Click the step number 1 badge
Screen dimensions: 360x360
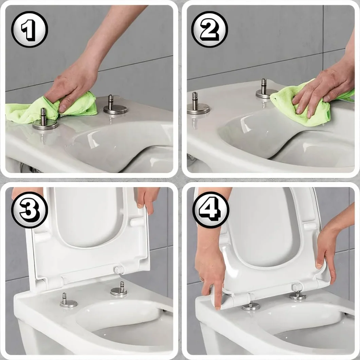tap(30, 30)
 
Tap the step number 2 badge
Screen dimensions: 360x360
tap(210, 30)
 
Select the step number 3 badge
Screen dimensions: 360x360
tap(30, 210)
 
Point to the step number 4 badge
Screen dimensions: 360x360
tap(211, 210)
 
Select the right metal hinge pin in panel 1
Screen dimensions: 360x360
tap(115, 105)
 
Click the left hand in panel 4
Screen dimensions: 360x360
tap(210, 264)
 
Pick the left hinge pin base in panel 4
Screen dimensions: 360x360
tap(251, 306)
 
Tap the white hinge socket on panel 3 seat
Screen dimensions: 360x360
tap(119, 270)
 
